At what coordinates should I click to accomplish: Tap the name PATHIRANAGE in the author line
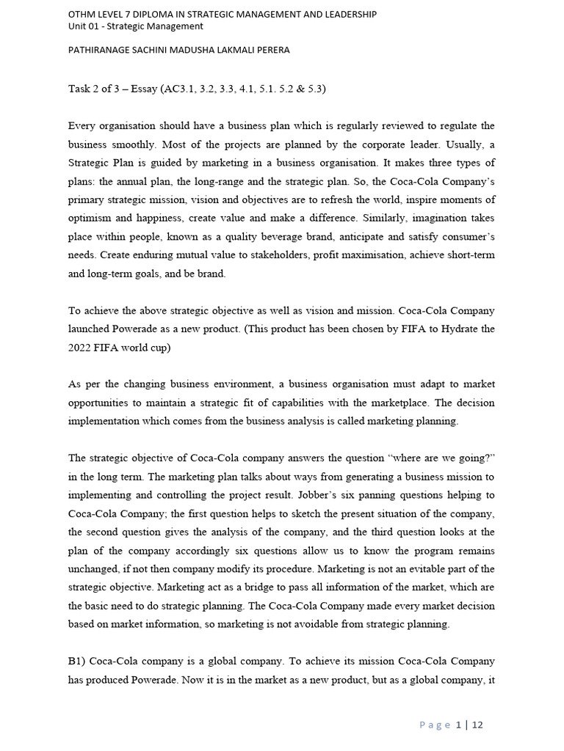(x=104, y=51)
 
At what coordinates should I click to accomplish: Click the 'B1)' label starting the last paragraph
(x=78, y=662)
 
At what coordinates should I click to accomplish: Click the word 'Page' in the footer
(x=435, y=725)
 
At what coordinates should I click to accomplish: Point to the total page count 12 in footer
(x=477, y=725)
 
